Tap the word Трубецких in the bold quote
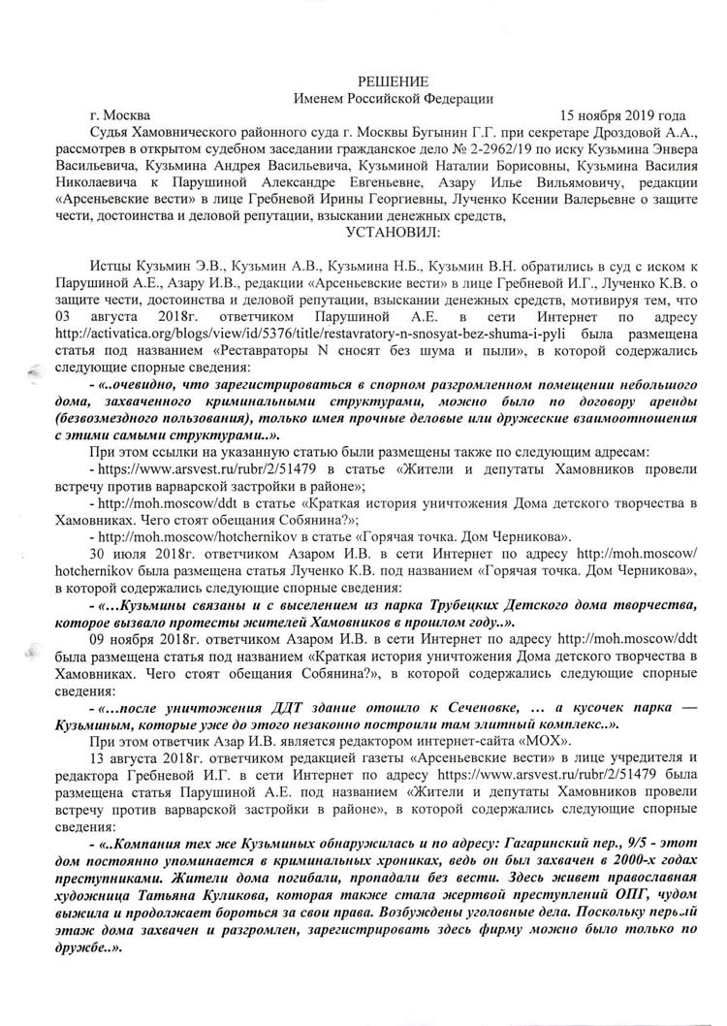[x=459, y=608]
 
